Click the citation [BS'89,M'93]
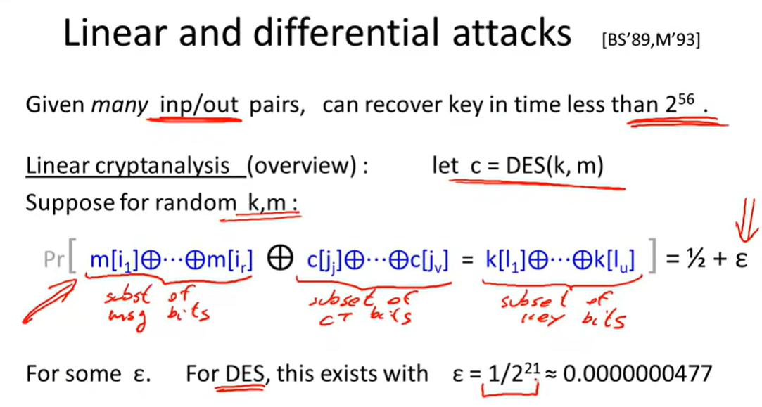(x=651, y=40)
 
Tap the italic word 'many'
(x=120, y=105)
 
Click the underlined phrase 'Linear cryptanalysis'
(x=128, y=166)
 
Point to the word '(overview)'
(x=307, y=166)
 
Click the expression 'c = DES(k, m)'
(x=537, y=166)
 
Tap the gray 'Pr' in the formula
(x=54, y=260)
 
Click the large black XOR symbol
(x=280, y=259)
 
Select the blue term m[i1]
(x=115, y=260)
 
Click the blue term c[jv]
(x=429, y=260)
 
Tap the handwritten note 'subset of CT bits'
(x=362, y=307)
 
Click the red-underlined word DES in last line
(x=244, y=374)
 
